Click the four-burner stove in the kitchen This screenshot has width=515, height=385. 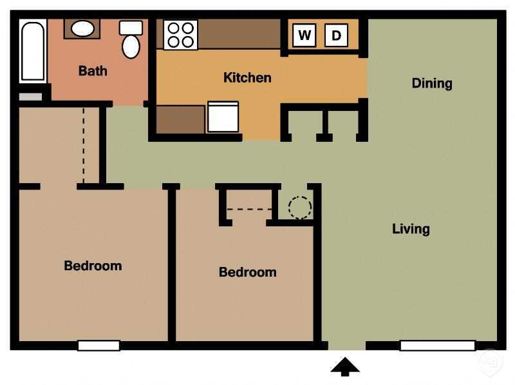tap(180, 35)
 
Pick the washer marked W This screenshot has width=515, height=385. tap(304, 35)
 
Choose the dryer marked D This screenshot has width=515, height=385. tap(335, 35)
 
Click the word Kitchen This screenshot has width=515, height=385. tap(247, 77)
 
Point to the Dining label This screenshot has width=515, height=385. tap(431, 83)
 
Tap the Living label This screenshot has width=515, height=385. tap(411, 229)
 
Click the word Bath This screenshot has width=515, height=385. tap(93, 71)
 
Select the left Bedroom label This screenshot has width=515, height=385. tap(93, 266)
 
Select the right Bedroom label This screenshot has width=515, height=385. tap(247, 272)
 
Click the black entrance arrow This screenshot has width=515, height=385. tap(345, 367)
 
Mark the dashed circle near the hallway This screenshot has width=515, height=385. tap(299, 207)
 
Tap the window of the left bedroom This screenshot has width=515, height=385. tap(98, 346)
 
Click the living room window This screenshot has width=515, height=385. tap(437, 346)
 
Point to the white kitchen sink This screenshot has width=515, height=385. tap(223, 117)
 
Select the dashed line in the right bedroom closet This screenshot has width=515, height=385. tap(250, 209)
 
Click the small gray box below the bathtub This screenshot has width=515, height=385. tap(30, 97)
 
